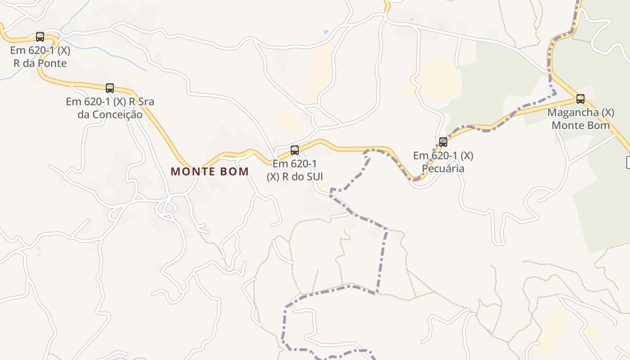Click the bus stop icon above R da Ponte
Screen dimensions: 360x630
(40, 37)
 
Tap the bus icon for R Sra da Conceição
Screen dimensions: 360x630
(110, 88)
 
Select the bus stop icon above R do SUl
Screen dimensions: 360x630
(295, 150)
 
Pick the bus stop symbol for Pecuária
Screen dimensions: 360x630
(443, 142)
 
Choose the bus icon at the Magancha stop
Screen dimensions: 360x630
(580, 99)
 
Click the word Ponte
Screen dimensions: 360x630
(52, 63)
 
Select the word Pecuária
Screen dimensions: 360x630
(443, 169)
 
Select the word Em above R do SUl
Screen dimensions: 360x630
(280, 164)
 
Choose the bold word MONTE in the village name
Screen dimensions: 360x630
(193, 171)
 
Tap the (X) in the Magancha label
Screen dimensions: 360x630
(607, 112)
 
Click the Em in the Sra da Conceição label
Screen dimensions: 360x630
(73, 102)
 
